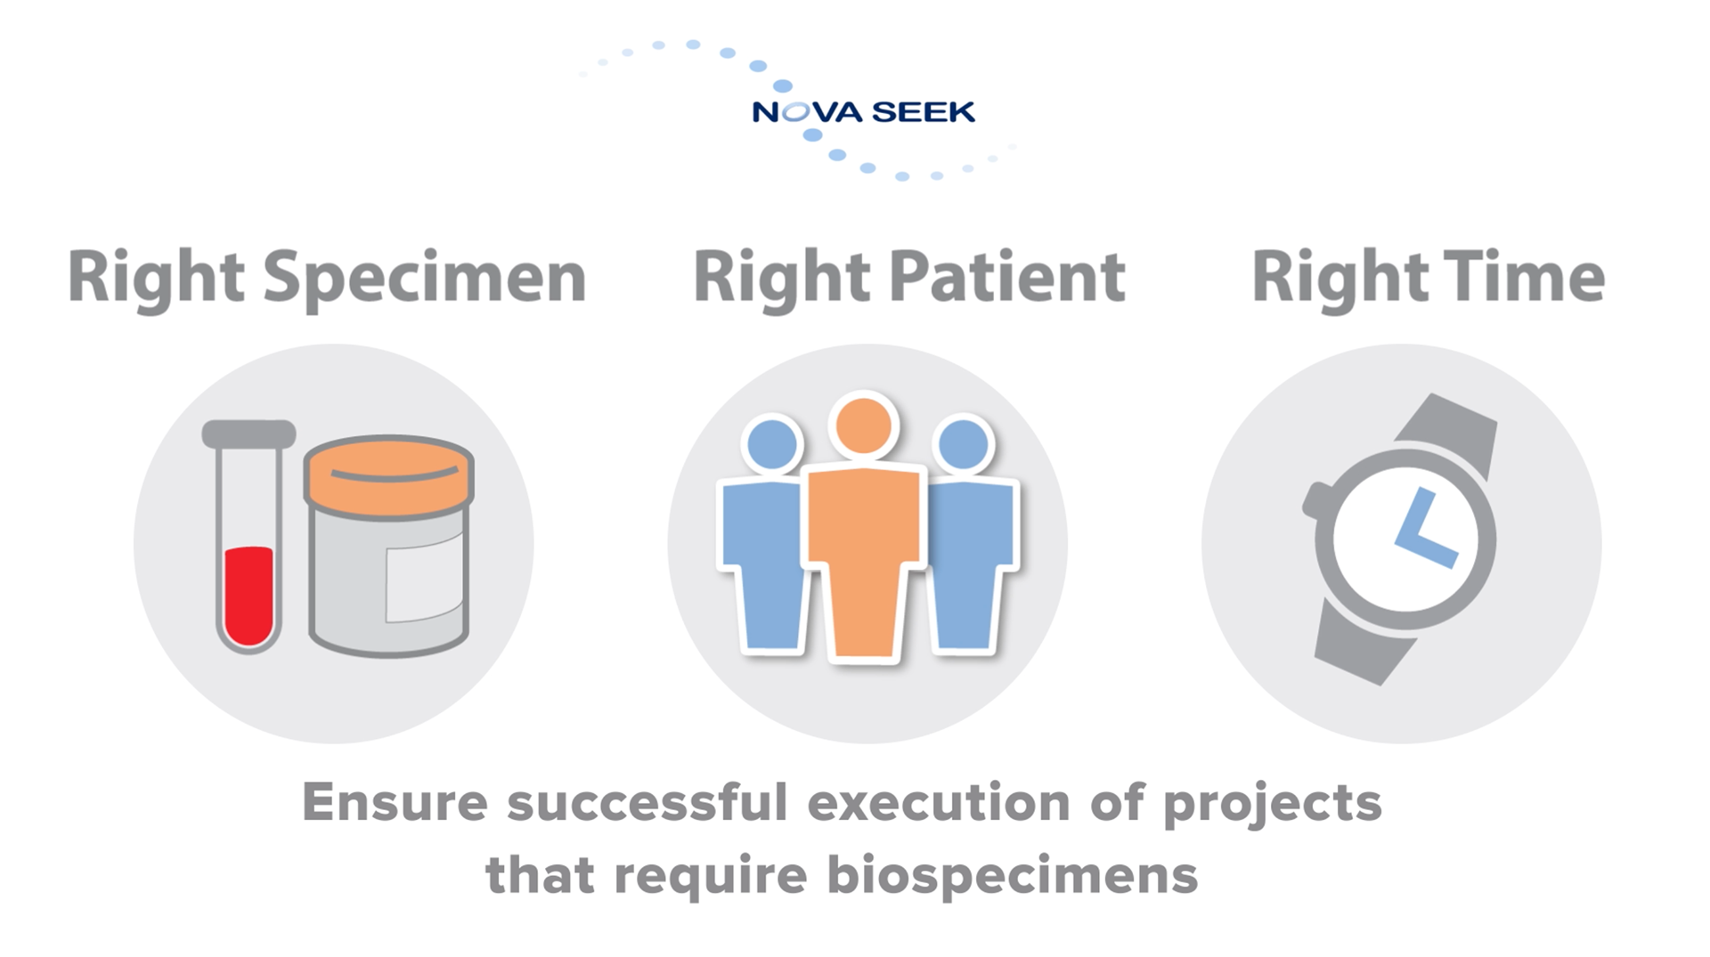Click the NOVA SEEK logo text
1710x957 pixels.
click(863, 112)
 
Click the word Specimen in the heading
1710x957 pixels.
click(425, 280)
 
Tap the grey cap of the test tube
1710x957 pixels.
click(248, 434)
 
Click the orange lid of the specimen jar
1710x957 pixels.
click(388, 476)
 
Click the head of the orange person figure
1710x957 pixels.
click(863, 426)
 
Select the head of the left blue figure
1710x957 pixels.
click(772, 443)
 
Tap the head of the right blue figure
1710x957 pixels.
click(963, 443)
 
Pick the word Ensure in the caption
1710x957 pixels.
click(395, 802)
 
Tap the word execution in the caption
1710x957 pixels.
click(938, 802)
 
